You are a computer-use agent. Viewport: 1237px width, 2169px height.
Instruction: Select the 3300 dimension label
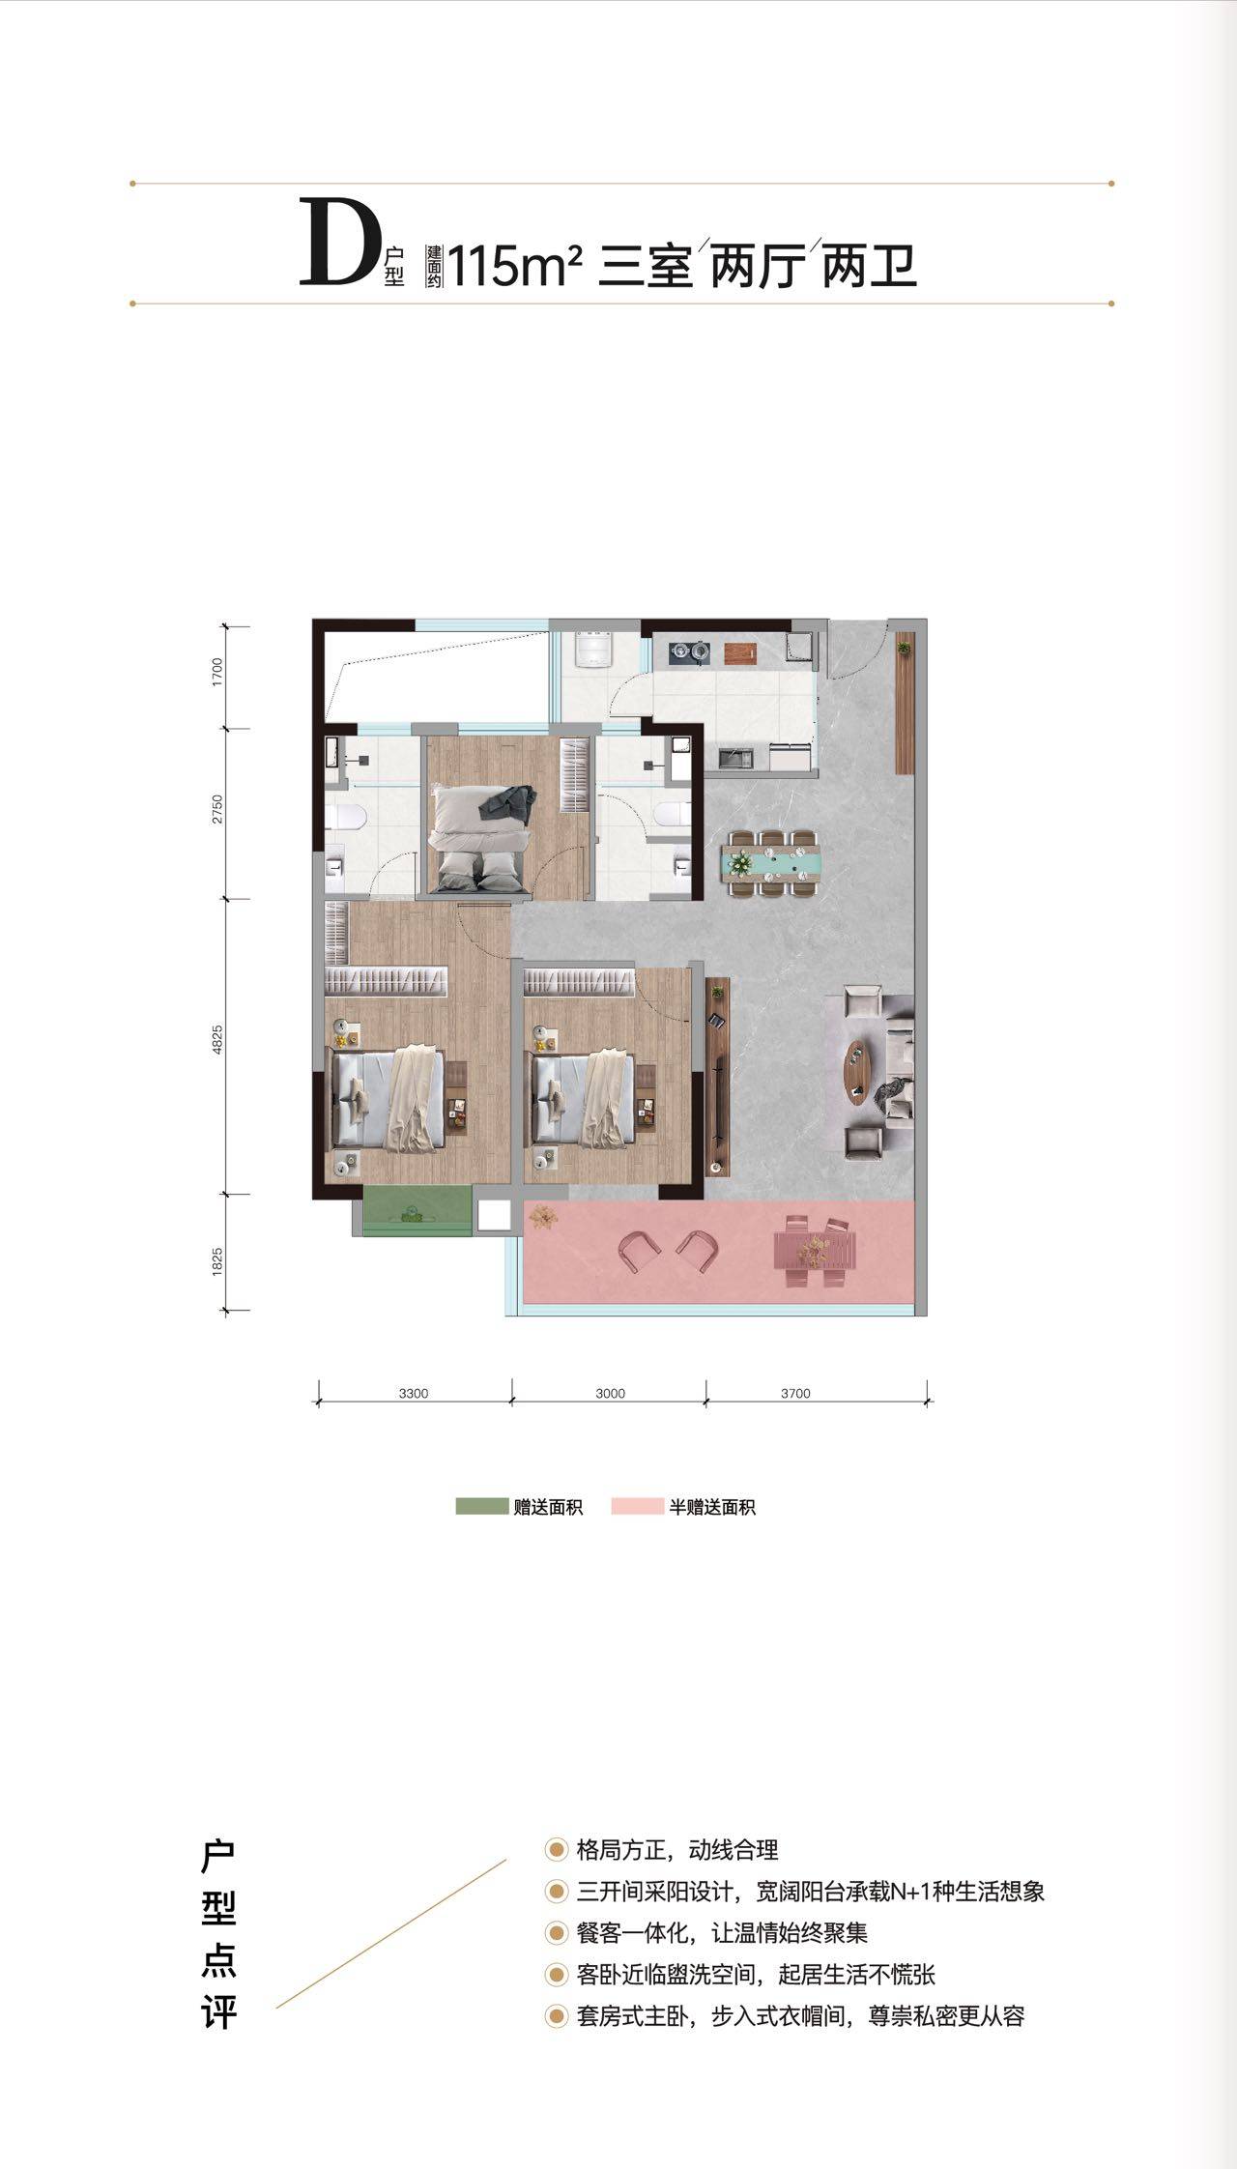(413, 1393)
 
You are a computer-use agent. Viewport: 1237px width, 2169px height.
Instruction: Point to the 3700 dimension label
(794, 1393)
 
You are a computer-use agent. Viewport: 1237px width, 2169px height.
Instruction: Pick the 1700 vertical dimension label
(217, 671)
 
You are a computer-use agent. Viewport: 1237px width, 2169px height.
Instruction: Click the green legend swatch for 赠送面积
(481, 1506)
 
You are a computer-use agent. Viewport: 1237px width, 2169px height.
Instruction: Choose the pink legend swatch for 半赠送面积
(637, 1506)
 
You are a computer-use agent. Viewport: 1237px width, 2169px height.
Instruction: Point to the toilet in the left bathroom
(345, 818)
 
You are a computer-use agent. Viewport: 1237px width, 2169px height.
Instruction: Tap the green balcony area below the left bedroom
(417, 1210)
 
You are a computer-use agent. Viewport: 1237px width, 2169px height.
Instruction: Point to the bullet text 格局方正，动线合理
(676, 1850)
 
